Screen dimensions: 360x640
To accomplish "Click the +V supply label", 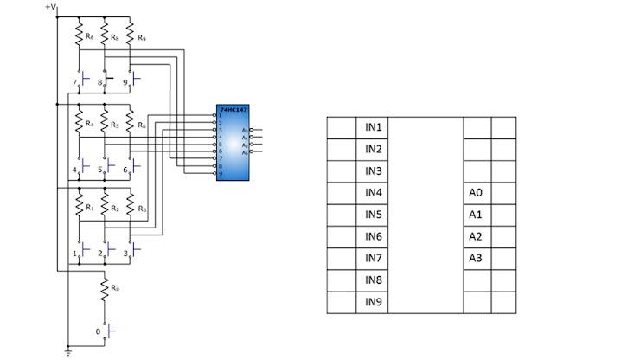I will click(51, 8).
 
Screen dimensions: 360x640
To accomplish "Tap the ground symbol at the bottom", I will click(68, 351).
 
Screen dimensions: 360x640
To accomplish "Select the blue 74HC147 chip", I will click(233, 144).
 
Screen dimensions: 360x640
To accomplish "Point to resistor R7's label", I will click(89, 37).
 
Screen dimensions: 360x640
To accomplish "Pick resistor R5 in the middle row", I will click(105, 124).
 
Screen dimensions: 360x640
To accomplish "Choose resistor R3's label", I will click(142, 209).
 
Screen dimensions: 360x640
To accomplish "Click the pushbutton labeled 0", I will click(106, 331).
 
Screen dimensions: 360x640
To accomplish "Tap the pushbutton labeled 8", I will click(106, 82).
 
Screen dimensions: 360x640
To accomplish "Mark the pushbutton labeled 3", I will click(132, 252).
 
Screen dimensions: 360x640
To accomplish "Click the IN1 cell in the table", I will click(373, 127).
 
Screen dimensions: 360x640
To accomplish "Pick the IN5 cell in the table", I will click(373, 215).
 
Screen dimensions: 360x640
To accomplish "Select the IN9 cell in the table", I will click(373, 302).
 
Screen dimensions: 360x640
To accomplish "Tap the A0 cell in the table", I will click(476, 193).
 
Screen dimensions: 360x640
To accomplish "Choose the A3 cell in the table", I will click(476, 258).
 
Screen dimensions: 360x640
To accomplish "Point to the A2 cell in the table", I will click(476, 236).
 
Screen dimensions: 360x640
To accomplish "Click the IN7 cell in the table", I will click(373, 258).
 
